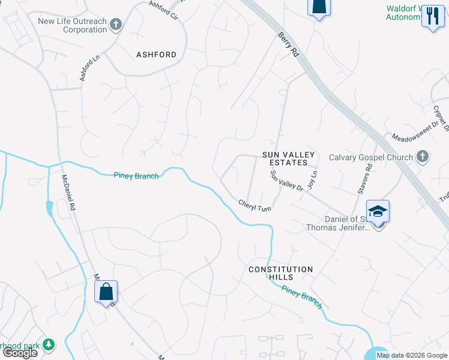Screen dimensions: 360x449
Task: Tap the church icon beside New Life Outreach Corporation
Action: point(116,25)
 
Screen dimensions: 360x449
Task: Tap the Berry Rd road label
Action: point(288,44)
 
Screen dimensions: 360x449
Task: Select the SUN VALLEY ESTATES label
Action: point(288,158)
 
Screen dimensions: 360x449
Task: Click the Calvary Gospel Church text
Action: point(371,157)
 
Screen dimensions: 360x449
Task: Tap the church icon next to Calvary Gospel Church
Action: point(423,157)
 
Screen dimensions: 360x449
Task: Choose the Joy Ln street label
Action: point(312,180)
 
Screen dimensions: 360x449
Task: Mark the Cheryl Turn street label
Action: point(255,205)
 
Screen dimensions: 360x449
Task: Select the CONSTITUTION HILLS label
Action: point(281,274)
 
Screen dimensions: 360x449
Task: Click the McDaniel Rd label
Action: point(68,192)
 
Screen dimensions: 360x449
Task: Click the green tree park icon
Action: point(48,344)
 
